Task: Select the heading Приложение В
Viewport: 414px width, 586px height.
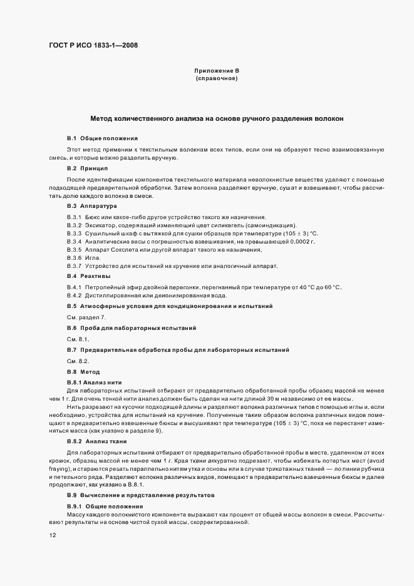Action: (x=217, y=71)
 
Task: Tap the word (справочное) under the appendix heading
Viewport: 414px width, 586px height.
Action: (x=217, y=80)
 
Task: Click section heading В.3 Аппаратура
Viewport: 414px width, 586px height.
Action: (x=91, y=206)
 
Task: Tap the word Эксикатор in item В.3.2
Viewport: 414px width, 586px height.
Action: (x=101, y=225)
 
